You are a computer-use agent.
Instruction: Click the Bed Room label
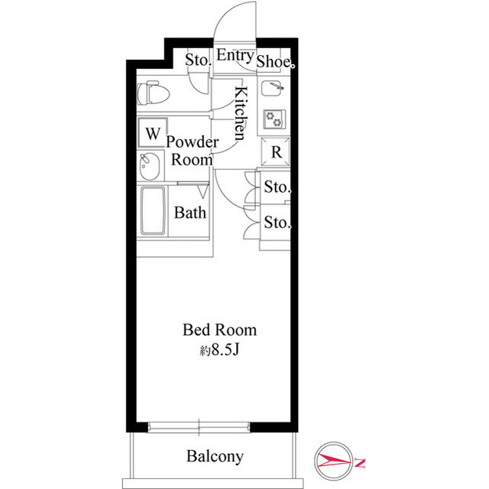[219, 331]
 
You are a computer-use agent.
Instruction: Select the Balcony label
[215, 457]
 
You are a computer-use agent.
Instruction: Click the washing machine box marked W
[152, 133]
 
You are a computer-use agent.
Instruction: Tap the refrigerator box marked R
[277, 152]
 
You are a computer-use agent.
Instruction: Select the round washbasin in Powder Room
[151, 164]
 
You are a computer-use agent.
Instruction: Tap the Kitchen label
[240, 113]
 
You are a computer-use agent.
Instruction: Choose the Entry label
[235, 55]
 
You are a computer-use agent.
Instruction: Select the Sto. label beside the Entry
[199, 59]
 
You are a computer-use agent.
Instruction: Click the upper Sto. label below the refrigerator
[277, 187]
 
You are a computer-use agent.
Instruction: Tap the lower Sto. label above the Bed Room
[277, 223]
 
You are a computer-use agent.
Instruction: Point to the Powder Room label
[192, 151]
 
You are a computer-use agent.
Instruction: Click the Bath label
[190, 213]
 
